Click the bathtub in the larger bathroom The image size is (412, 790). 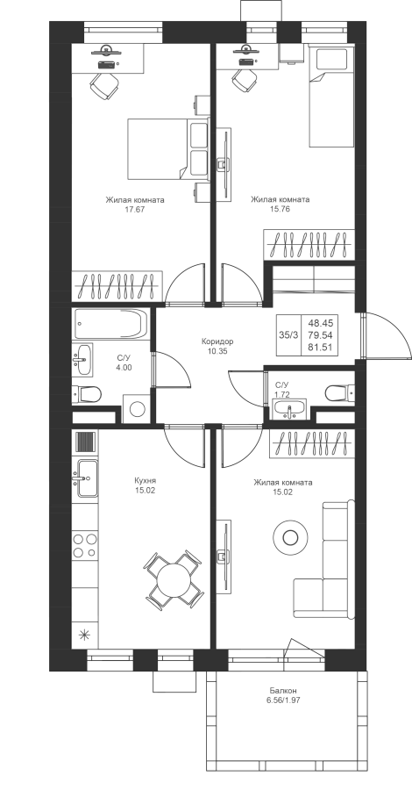click(110, 324)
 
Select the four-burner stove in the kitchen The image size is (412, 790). click(84, 545)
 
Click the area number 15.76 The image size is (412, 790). click(281, 210)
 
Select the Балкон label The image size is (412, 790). click(282, 690)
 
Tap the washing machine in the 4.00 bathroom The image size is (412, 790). click(137, 408)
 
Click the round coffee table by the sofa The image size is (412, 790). click(290, 537)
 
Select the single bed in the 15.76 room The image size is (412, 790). click(332, 97)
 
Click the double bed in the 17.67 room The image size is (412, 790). click(167, 148)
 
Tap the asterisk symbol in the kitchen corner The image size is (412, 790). click(84, 635)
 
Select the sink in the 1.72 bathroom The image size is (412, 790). click(288, 409)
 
